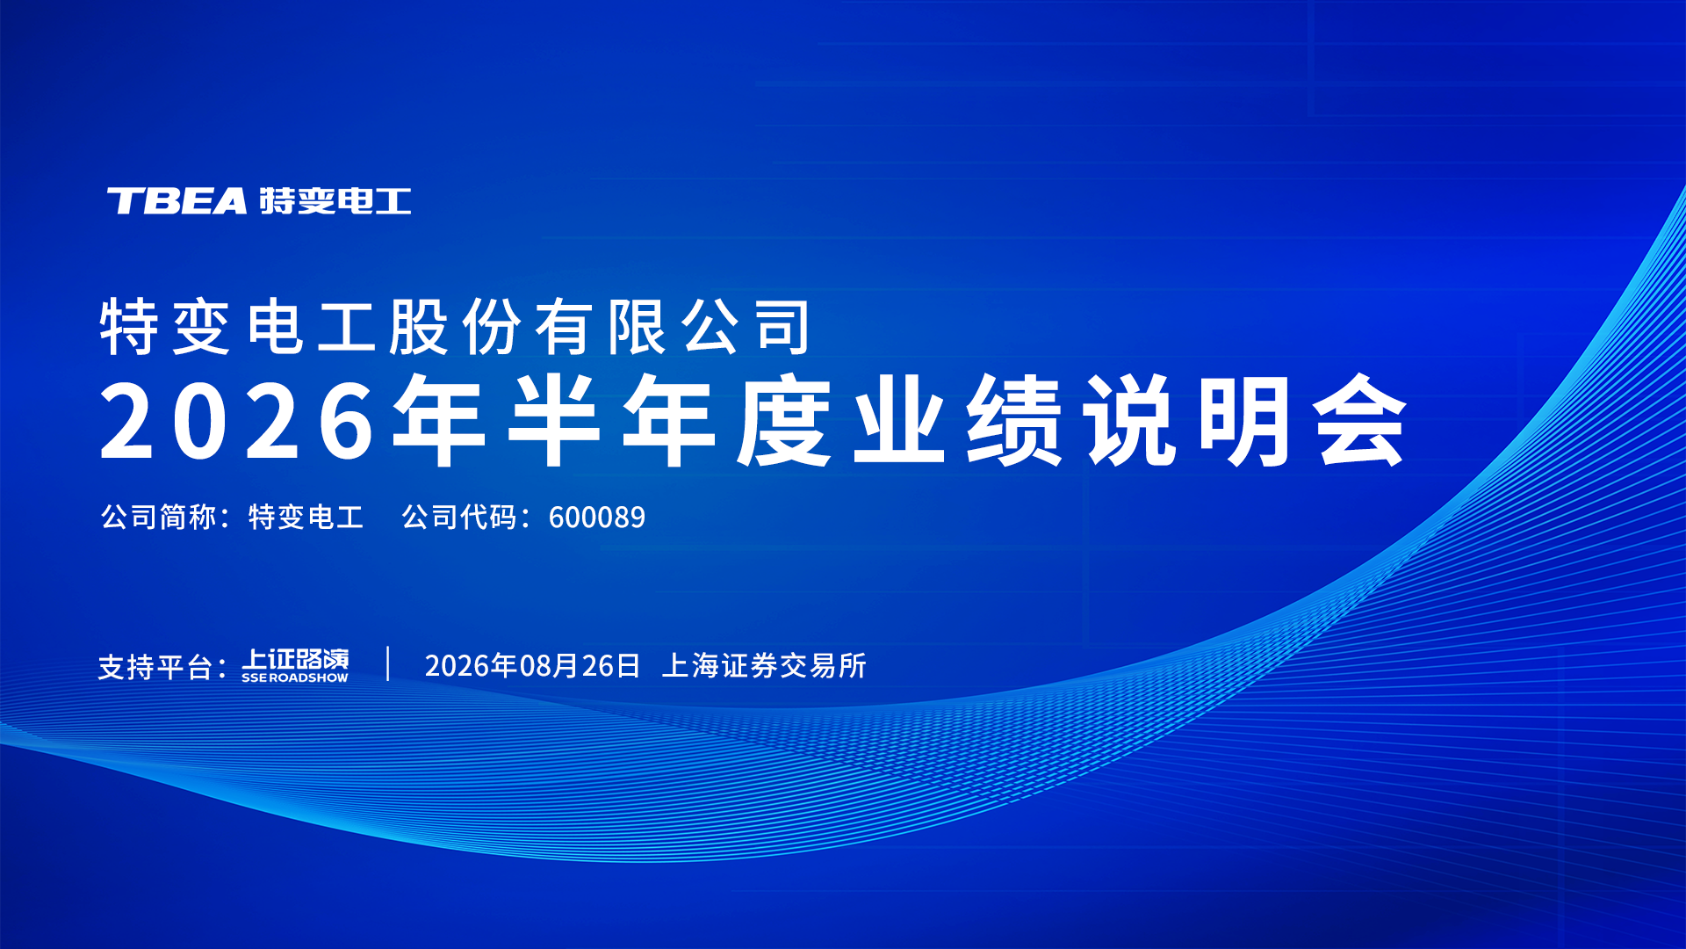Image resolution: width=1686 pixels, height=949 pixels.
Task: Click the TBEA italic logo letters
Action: click(177, 201)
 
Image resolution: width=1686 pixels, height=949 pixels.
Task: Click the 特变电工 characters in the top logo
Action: click(335, 201)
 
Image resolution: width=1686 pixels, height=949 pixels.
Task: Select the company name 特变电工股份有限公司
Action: click(455, 327)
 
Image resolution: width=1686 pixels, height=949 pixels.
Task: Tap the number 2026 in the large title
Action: click(238, 422)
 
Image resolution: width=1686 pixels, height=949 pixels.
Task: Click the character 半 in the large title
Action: click(554, 420)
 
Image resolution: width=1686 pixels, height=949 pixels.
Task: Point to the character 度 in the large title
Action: click(784, 420)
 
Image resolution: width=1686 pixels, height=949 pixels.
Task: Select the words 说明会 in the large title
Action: click(1245, 420)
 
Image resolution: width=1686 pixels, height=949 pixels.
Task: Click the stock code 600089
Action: click(597, 518)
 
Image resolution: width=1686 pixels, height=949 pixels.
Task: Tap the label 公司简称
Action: click(158, 517)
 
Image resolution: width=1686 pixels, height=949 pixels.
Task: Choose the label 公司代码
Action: click(459, 517)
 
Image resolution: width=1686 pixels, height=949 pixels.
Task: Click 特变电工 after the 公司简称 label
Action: click(306, 517)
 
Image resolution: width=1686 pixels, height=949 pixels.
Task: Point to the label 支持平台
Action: click(155, 667)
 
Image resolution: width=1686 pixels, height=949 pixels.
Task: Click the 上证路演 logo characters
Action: click(296, 659)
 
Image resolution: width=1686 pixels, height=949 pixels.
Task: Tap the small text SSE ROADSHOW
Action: click(295, 678)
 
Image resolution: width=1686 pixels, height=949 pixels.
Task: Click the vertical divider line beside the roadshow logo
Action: click(388, 664)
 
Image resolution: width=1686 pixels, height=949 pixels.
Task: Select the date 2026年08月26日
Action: click(533, 666)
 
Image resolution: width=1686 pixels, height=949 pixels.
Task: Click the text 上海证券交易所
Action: click(764, 666)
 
